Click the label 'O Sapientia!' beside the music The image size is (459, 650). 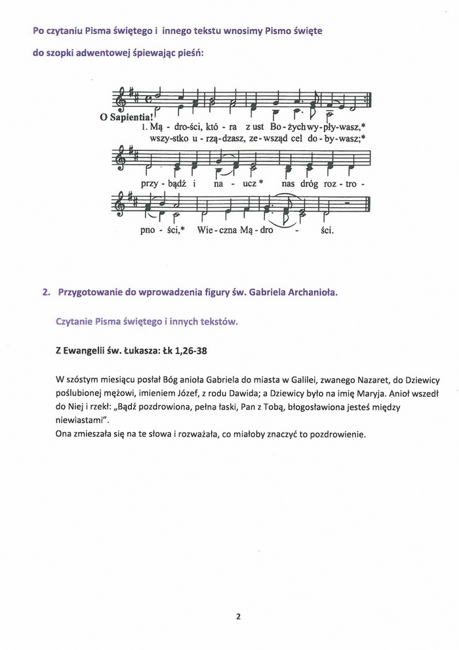click(125, 118)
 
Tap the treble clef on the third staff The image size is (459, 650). click(120, 203)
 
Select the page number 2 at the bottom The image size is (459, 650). click(239, 617)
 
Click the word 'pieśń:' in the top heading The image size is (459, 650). click(189, 54)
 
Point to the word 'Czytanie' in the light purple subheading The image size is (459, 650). click(76, 321)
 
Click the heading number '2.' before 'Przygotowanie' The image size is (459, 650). click(46, 293)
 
